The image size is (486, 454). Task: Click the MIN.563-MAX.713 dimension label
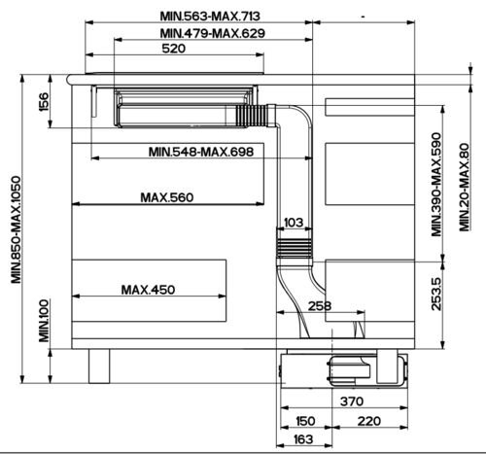point(210,16)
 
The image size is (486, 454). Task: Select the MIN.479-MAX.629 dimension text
point(213,33)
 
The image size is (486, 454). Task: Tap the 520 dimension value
point(174,49)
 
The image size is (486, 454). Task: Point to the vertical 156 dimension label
point(44,102)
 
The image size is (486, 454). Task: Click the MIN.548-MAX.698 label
point(201,152)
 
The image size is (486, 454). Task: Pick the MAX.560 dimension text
point(167,197)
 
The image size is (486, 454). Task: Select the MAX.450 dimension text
point(148,290)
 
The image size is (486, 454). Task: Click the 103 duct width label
point(294,223)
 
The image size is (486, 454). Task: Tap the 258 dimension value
point(320,306)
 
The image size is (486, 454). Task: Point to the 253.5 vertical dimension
point(436,294)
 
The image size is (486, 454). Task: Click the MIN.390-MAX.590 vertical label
point(436,185)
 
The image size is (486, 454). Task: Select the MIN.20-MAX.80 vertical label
point(465,188)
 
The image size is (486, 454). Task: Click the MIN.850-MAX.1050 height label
point(16,229)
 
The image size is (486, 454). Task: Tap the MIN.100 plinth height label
point(44,321)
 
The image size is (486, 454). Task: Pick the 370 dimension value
point(352,402)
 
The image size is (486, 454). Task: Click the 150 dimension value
point(305,421)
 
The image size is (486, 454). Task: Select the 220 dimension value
point(368,421)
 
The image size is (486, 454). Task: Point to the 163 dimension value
point(303,439)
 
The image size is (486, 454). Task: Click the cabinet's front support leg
point(99,367)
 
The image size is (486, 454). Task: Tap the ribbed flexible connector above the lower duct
point(295,248)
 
